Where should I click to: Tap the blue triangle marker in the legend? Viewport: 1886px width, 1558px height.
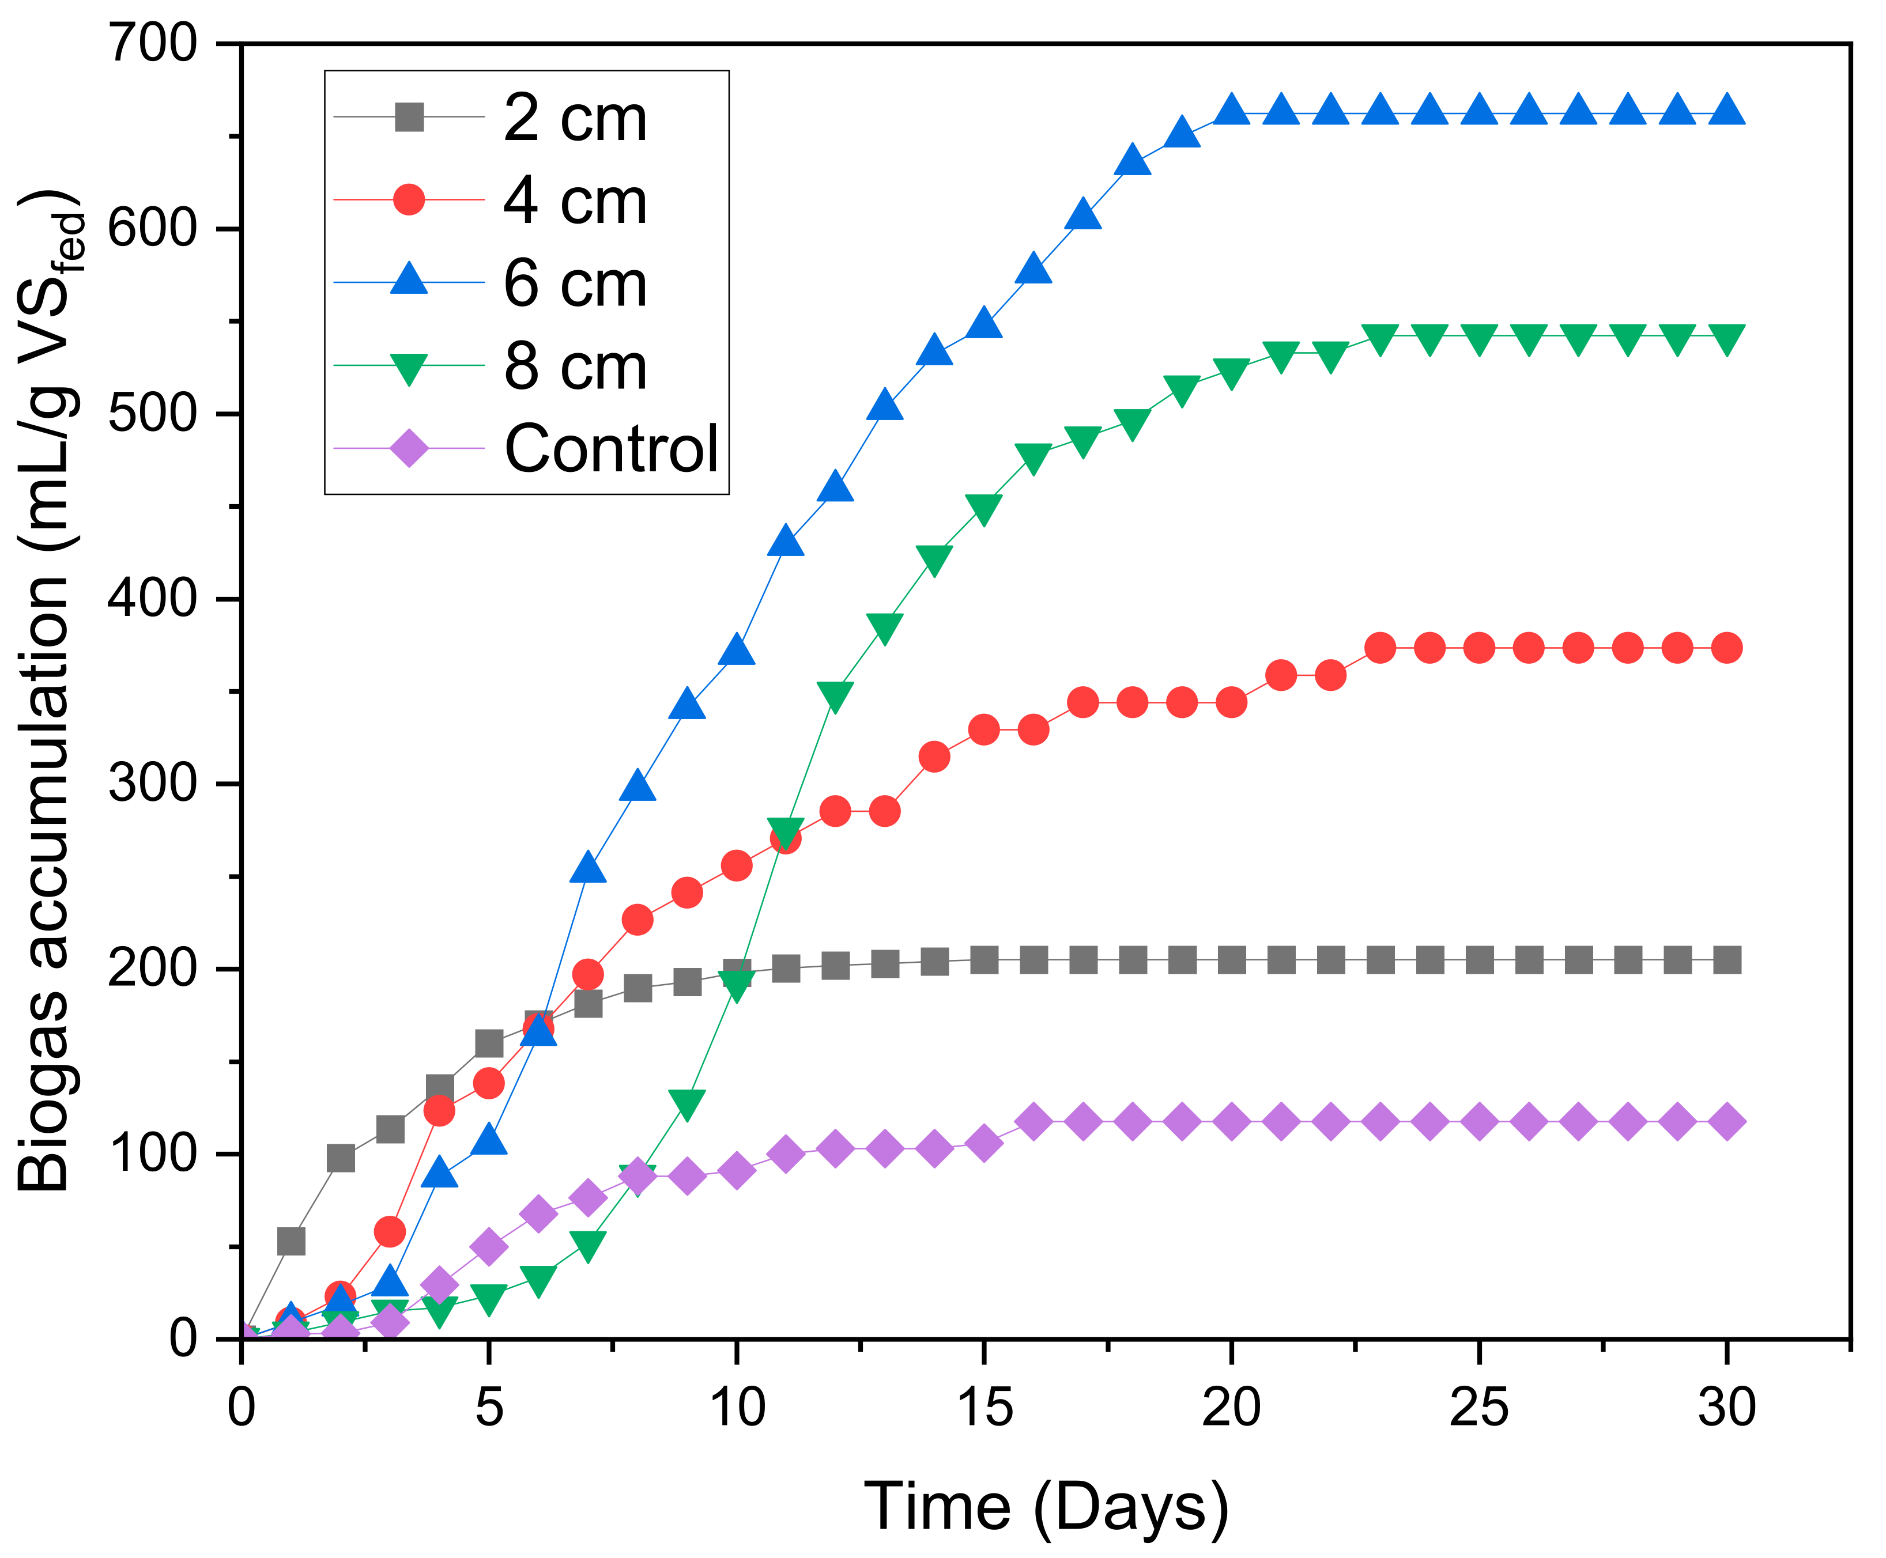(409, 282)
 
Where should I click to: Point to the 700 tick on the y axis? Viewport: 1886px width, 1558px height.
(153, 43)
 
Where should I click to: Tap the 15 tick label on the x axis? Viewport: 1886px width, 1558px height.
(984, 1407)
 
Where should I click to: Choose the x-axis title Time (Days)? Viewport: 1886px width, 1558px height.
(1046, 1506)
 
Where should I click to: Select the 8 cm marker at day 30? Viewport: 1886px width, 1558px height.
(1726, 338)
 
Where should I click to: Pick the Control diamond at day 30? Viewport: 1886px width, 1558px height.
(1726, 1122)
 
